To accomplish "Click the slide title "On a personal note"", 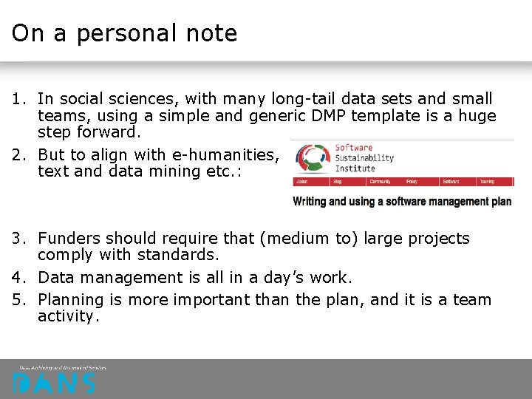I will (x=124, y=33).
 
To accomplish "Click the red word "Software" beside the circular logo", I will (x=354, y=148).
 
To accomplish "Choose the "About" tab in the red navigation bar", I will (x=302, y=181).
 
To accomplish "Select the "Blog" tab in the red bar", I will (x=338, y=181).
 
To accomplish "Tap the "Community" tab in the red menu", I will (x=380, y=181).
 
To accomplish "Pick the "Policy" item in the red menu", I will (x=412, y=181).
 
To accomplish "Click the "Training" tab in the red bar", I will (x=487, y=181).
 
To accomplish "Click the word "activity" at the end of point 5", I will (x=66, y=316).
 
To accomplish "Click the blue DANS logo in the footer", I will (x=54, y=383).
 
